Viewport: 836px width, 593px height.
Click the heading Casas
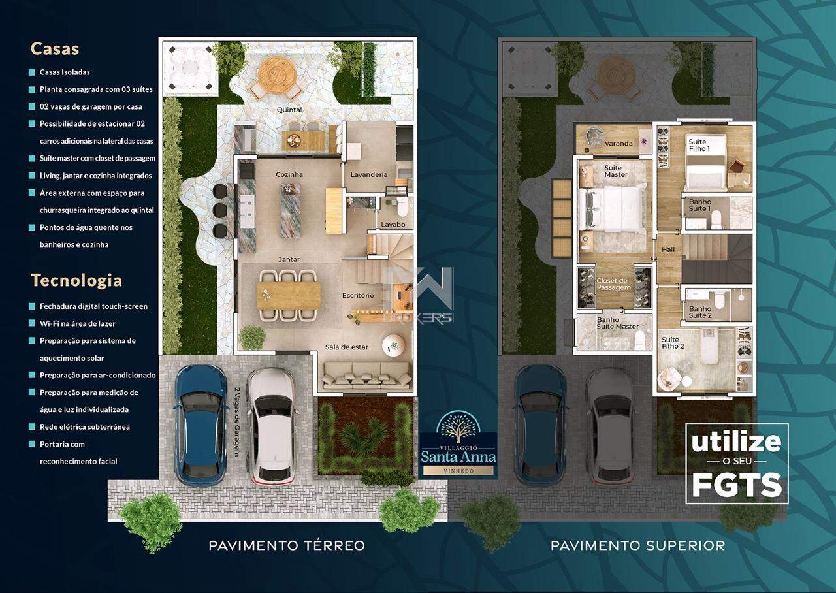[55, 49]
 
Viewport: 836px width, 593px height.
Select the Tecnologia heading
[76, 281]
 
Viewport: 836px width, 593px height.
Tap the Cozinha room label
[289, 175]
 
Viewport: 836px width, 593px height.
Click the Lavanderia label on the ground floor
[368, 175]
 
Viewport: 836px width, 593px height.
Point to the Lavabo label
[393, 225]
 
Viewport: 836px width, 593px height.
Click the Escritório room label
[358, 296]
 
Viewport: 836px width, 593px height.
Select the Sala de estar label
[347, 347]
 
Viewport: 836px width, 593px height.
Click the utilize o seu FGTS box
[736, 463]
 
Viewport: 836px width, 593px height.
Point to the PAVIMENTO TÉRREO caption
[287, 545]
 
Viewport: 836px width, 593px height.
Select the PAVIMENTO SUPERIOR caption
[637, 545]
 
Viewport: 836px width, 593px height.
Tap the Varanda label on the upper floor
[619, 144]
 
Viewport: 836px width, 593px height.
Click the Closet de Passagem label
[613, 284]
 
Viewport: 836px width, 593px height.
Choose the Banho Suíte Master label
[617, 323]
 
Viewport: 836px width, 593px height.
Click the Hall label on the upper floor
[668, 250]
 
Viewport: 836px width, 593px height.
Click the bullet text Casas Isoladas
[65, 72]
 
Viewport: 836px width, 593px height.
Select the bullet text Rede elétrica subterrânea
[84, 427]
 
